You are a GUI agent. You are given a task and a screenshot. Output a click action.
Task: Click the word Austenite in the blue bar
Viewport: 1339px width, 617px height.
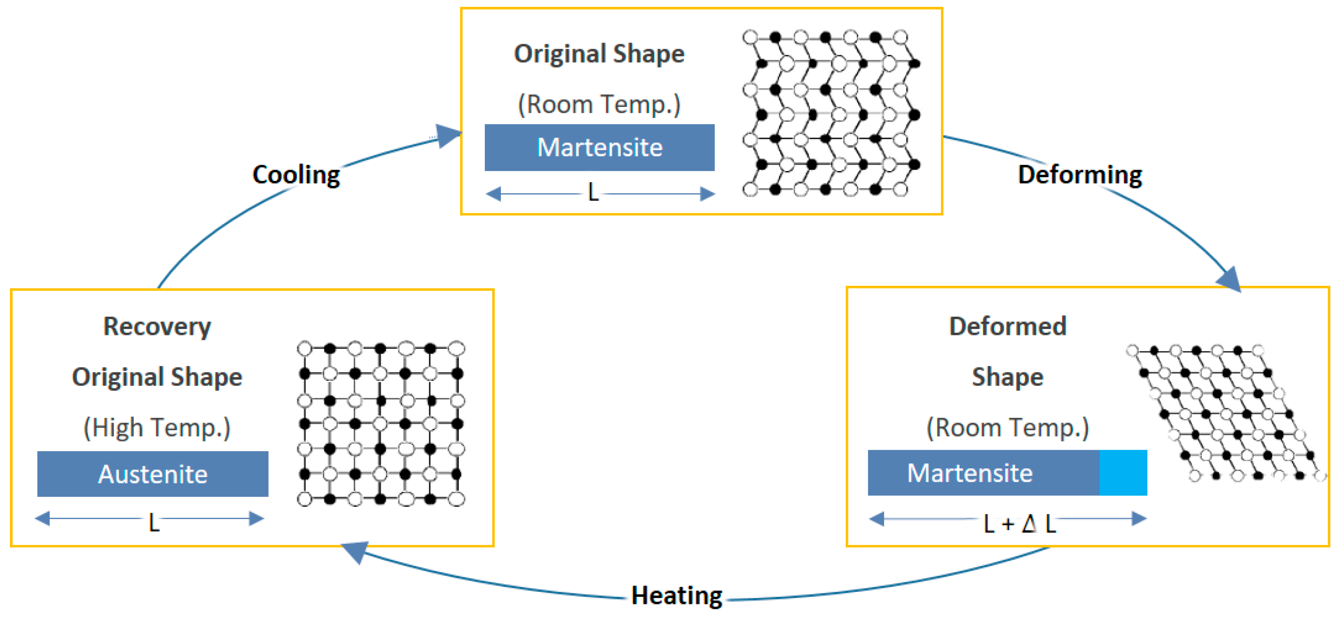pyautogui.click(x=153, y=474)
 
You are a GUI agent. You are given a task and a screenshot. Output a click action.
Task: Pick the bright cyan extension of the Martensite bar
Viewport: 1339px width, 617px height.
pyautogui.click(x=1123, y=473)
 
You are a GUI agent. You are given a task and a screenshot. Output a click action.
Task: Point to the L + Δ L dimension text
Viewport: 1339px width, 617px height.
pyautogui.click(x=1019, y=523)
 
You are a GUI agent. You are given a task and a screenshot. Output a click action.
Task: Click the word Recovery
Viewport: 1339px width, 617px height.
pyautogui.click(x=157, y=327)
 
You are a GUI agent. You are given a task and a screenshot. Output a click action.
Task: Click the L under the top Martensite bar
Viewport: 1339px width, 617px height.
pyautogui.click(x=593, y=193)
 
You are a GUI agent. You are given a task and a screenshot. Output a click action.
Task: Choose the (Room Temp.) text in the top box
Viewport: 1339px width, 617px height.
pyautogui.click(x=599, y=104)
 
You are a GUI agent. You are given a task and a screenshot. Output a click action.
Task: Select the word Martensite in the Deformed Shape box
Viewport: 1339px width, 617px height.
pyautogui.click(x=969, y=473)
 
